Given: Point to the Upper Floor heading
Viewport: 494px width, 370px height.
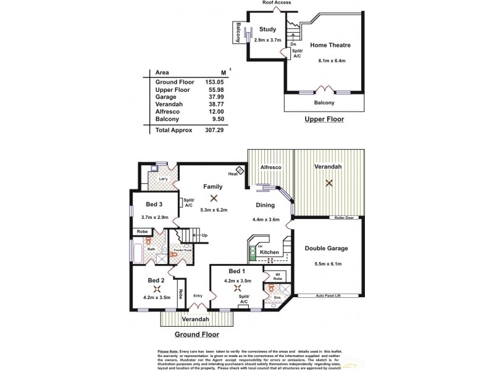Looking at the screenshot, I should click(324, 119).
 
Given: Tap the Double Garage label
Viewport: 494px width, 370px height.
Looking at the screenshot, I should click(327, 249).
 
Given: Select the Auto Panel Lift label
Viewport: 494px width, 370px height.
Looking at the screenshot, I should click(329, 296).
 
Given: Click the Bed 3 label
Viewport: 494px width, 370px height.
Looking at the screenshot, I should click(154, 205).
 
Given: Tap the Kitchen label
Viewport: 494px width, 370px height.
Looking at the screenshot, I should click(270, 253).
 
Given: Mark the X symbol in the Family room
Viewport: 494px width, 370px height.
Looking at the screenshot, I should click(214, 198).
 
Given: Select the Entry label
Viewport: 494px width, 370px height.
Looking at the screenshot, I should click(198, 295).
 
